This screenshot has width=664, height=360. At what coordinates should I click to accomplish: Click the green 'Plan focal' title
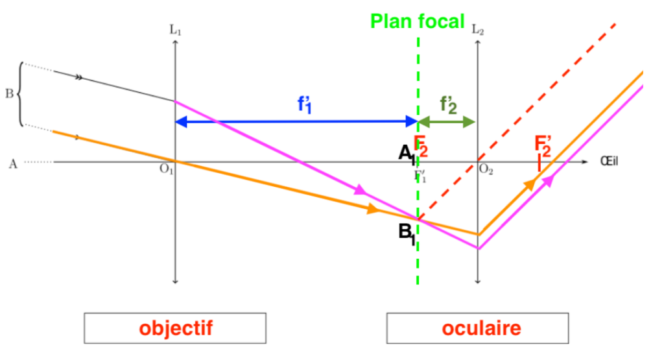tap(418, 21)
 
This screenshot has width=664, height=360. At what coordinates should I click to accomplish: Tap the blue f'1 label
tap(305, 105)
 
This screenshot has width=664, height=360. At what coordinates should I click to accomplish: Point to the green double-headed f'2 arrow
tap(447, 121)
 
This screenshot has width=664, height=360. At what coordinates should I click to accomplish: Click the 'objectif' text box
tap(175, 328)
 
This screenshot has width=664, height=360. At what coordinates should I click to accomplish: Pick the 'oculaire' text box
tap(479, 328)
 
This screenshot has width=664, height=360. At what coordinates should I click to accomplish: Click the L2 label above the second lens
tap(478, 30)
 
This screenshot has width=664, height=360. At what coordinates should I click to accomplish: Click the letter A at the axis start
tap(12, 163)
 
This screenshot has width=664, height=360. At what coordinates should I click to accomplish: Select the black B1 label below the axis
tap(407, 232)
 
